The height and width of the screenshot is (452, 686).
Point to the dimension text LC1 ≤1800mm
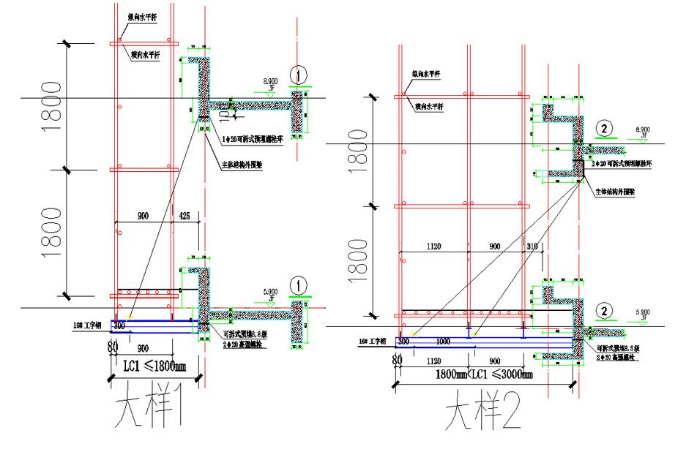(155, 364)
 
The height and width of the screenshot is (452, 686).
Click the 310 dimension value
(532, 246)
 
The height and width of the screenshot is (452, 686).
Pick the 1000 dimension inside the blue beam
(444, 341)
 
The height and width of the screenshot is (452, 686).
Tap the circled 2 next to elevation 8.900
(604, 127)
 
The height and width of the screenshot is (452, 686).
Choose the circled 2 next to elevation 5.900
(604, 309)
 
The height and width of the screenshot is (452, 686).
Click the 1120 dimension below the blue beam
(435, 361)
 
